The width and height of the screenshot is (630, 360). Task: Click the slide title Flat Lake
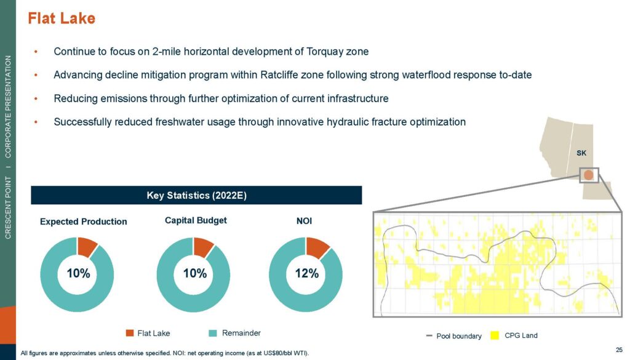coord(62,18)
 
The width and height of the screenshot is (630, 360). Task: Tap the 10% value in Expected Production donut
coord(78,274)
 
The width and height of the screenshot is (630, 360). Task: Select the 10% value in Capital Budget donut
coord(195,274)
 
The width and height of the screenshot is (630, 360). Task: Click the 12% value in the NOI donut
coord(307,274)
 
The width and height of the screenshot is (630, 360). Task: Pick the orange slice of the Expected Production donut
coord(86,246)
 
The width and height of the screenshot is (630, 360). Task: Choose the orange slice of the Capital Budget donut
coord(202,246)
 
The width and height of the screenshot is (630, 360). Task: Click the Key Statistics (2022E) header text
coord(196,195)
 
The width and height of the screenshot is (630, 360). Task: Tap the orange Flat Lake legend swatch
coord(129,333)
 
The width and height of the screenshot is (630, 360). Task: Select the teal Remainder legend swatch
coord(213,333)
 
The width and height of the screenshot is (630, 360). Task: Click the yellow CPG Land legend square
coord(495,335)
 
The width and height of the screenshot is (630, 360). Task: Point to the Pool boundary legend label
coord(459,336)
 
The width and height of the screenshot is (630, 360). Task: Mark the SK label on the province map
coord(581,153)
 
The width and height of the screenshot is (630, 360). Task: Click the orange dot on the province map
coord(589,175)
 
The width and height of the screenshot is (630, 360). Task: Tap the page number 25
coord(619,350)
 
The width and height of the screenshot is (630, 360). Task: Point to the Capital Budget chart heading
coord(196,220)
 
